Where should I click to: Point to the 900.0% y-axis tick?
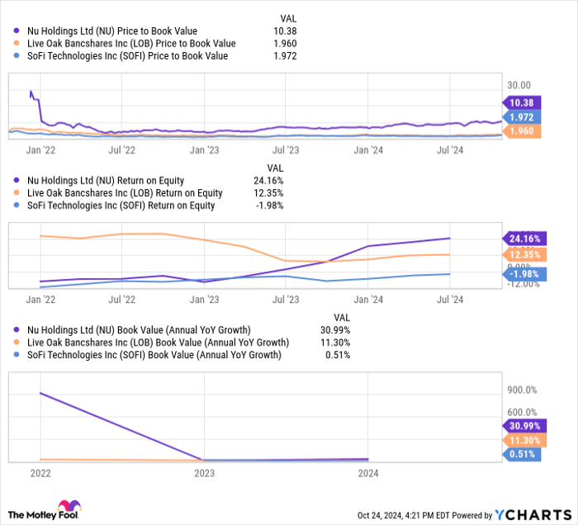click(521, 390)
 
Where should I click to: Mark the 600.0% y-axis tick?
click(521, 413)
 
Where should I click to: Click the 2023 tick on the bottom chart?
click(204, 473)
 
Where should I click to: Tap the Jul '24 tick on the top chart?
click(450, 150)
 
